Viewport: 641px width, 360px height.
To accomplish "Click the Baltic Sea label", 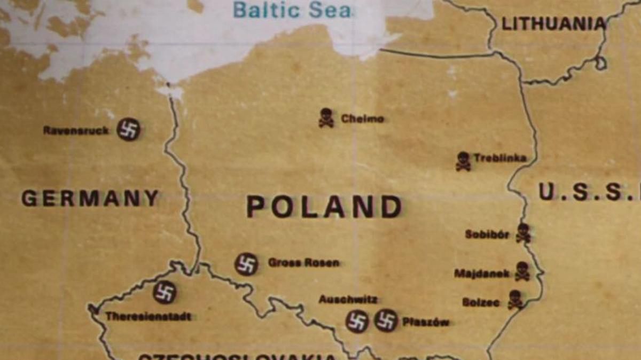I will pos(292,10).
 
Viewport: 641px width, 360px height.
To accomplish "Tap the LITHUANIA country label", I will pos(553,24).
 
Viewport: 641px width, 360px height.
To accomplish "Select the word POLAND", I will pos(324,207).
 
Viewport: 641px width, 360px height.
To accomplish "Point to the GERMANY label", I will pos(90,198).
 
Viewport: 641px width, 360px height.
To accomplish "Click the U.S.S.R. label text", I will pos(588,192).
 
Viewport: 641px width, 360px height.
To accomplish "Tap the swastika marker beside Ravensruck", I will pos(128,129).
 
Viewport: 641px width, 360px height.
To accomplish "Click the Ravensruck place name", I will pos(76,130).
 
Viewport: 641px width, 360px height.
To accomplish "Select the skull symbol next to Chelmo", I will pos(326,118).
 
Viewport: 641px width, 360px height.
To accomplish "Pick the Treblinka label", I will pos(499,158).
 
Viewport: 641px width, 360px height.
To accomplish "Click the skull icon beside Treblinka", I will pos(463,161).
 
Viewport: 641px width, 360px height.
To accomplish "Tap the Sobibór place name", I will pos(487,234).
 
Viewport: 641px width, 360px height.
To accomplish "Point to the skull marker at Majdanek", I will pos(522,271).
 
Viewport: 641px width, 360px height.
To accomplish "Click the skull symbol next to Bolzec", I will pos(515,300).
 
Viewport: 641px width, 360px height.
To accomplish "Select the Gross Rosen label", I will pos(303,263).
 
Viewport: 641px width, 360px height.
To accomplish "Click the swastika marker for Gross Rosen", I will pos(246,264).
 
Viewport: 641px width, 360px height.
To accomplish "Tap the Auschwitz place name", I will pos(348,300).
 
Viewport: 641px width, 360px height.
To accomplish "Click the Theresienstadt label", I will pos(148,316).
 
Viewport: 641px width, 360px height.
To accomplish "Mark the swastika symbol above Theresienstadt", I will pos(164,292).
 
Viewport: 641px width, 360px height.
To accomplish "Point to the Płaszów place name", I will pos(426,322).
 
